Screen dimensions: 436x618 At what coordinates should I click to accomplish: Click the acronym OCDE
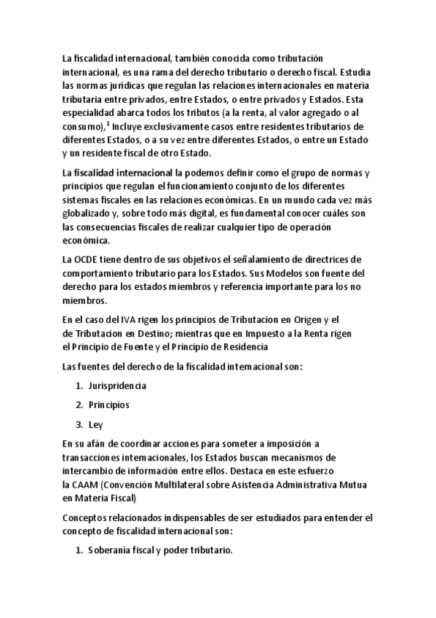84,259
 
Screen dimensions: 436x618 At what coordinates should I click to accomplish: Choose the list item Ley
95,424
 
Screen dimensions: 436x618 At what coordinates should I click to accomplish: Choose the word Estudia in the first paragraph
341,72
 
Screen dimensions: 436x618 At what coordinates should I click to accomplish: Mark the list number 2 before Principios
78,404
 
